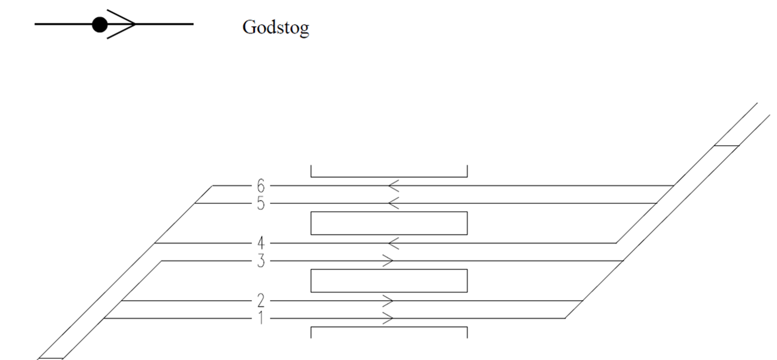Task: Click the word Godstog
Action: point(276,27)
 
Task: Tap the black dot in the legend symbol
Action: point(100,25)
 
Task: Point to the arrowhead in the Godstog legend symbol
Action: point(121,24)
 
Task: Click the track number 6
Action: point(261,186)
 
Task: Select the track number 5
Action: point(261,204)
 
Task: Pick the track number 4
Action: point(261,243)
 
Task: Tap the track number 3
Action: point(261,261)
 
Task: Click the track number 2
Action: point(261,301)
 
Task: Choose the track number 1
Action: point(261,318)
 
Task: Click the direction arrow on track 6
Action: point(394,186)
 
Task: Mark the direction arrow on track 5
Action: point(394,204)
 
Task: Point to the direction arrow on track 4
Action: point(394,243)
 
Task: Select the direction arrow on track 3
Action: point(388,261)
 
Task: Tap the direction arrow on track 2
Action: point(388,301)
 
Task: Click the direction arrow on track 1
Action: point(388,318)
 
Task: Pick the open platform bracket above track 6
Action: point(389,177)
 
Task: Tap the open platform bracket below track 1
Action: point(389,327)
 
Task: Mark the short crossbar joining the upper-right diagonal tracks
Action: point(726,146)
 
